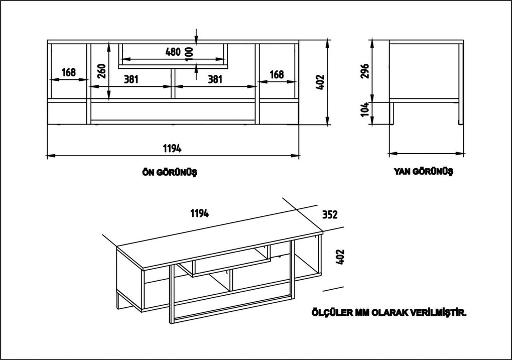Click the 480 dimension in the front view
coord(173,52)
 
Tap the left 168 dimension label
coord(69,73)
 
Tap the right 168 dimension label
coord(277,74)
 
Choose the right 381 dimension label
coord(215,79)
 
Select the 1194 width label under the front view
coord(172,149)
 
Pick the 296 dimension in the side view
coord(365,72)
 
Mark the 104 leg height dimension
coord(365,109)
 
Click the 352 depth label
coord(329,215)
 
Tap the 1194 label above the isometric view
coord(199,213)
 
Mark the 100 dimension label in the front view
coord(189,52)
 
